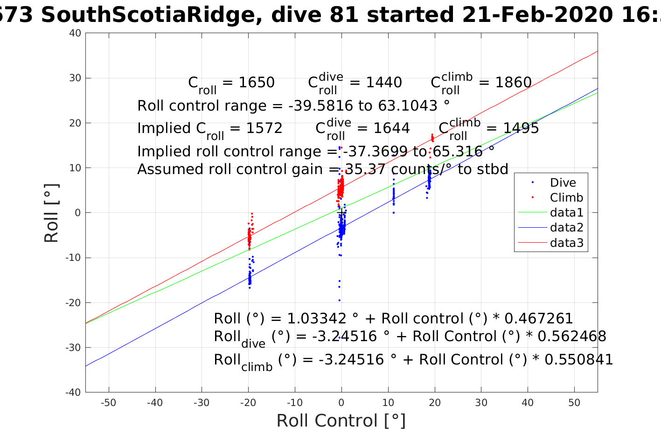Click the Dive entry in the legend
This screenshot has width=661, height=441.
click(x=563, y=182)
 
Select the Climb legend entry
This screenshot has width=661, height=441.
click(x=566, y=197)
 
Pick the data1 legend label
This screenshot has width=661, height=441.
click(x=566, y=213)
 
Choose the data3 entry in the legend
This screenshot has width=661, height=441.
click(x=566, y=243)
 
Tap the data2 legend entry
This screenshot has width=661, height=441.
click(x=566, y=228)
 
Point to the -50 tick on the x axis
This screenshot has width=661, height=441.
click(x=108, y=403)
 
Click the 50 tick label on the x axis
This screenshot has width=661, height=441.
click(x=574, y=403)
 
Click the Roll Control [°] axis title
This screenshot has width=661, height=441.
click(x=341, y=421)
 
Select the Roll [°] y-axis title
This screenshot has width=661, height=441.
click(x=51, y=213)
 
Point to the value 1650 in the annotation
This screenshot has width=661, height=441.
click(x=257, y=83)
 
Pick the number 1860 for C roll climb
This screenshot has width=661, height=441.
click(x=513, y=83)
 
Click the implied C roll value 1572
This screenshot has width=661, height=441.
click(x=264, y=128)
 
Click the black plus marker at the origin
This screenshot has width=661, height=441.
click(x=341, y=213)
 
